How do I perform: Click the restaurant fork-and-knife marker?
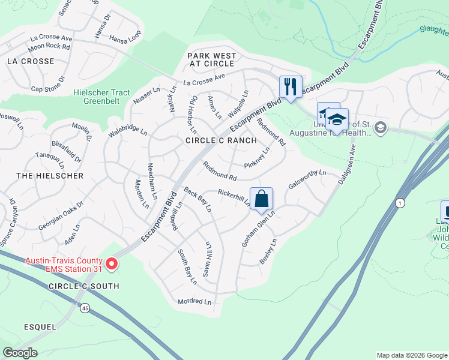pos(291,87)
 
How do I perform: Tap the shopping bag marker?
pos(262,199)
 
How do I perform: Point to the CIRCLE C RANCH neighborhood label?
pos(221,140)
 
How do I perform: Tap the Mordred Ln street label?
pos(195,301)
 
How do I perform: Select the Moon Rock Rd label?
pos(49,46)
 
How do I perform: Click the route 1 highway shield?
pos(400,203)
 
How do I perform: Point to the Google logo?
pos(20,353)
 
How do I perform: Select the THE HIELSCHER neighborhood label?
pos(50,176)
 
